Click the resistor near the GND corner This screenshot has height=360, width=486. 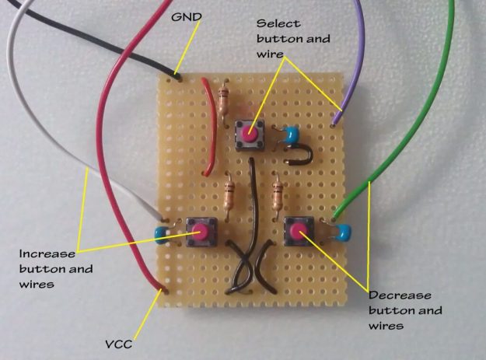tap(225, 100)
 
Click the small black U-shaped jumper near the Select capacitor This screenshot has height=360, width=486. tap(299, 156)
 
